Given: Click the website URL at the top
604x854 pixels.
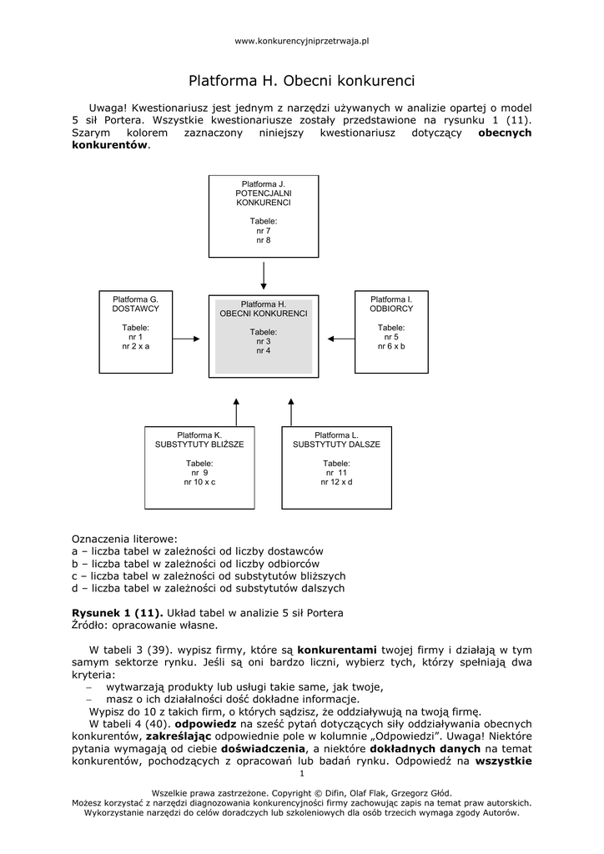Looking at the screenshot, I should [x=301, y=40].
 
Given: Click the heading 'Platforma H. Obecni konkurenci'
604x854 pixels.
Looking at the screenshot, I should [x=301, y=82].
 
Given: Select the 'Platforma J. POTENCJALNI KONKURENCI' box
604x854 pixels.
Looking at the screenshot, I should [x=264, y=216].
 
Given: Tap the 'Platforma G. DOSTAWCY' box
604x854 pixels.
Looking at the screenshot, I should [x=135, y=332].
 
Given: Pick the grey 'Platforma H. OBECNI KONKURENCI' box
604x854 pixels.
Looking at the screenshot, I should [x=264, y=336].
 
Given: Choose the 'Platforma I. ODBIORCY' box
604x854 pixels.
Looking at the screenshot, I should [x=391, y=332].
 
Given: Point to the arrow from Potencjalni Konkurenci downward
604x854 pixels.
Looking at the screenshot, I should [x=264, y=274].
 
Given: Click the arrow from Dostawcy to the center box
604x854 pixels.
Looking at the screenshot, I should [x=185, y=339].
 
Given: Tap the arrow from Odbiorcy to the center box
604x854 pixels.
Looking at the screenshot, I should [x=341, y=339].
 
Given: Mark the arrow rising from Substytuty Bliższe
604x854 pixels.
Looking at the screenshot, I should [x=236, y=412].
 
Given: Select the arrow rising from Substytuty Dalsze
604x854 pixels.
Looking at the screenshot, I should [x=291, y=412].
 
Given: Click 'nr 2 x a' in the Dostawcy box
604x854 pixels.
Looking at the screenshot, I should [x=135, y=345].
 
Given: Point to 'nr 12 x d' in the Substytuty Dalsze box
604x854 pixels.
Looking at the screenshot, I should [x=336, y=482].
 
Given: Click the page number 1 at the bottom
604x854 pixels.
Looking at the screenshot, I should [x=301, y=774].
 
